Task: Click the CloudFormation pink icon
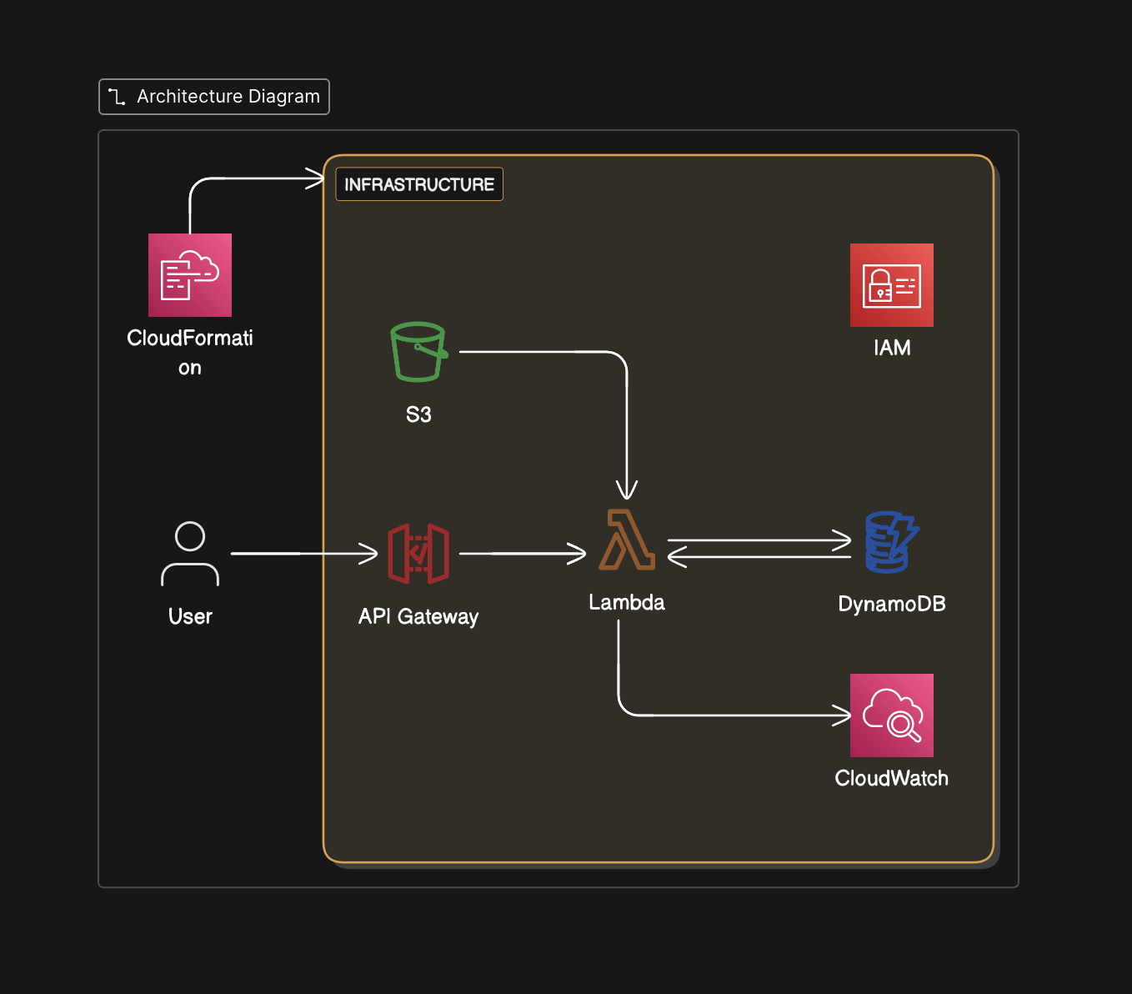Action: point(190,275)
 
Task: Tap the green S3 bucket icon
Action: point(418,352)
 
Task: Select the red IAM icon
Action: point(891,285)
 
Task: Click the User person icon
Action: point(190,554)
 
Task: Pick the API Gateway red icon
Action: point(418,554)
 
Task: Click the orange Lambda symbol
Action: point(627,540)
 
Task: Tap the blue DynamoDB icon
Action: point(891,542)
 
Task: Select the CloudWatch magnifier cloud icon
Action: point(891,715)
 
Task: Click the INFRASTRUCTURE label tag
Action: point(419,184)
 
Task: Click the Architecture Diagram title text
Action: point(228,97)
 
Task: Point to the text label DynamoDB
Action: point(891,604)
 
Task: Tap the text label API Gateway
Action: point(418,616)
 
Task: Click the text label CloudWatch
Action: point(891,778)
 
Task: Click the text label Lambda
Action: point(627,602)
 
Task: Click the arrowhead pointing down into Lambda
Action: point(627,490)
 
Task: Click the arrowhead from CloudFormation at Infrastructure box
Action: point(315,178)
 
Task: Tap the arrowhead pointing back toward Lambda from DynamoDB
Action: point(676,556)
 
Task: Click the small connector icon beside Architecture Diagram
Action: point(117,97)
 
